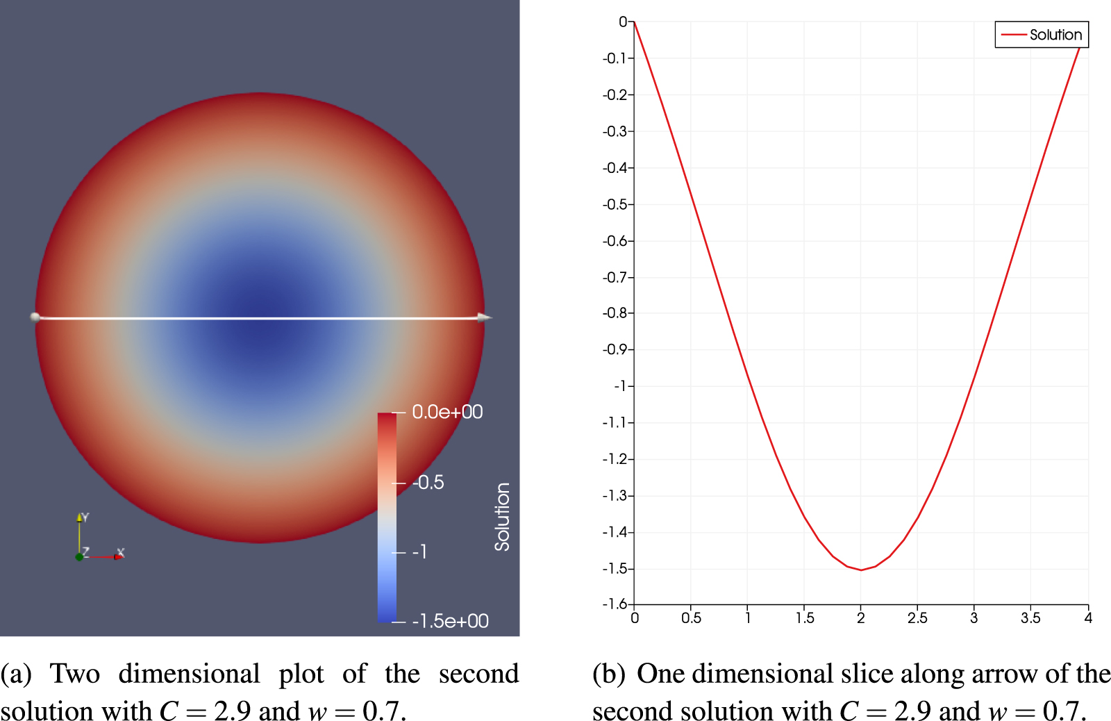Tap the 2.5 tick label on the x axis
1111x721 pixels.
(917, 618)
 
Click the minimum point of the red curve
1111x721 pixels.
(861, 570)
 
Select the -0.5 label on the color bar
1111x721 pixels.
(428, 483)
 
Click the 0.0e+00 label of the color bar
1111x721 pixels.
(447, 412)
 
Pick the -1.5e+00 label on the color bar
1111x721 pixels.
(450, 621)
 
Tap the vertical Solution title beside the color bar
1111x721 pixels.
(502, 517)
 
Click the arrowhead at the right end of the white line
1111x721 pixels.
(485, 317)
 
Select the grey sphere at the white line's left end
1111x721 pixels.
(35, 317)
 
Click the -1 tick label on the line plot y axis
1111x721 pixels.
(621, 386)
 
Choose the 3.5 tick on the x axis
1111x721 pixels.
(1030, 618)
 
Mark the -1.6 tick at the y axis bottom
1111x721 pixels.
(616, 604)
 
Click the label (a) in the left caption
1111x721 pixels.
(16, 674)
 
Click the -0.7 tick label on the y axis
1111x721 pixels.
(617, 277)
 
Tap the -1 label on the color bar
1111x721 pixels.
(419, 552)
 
